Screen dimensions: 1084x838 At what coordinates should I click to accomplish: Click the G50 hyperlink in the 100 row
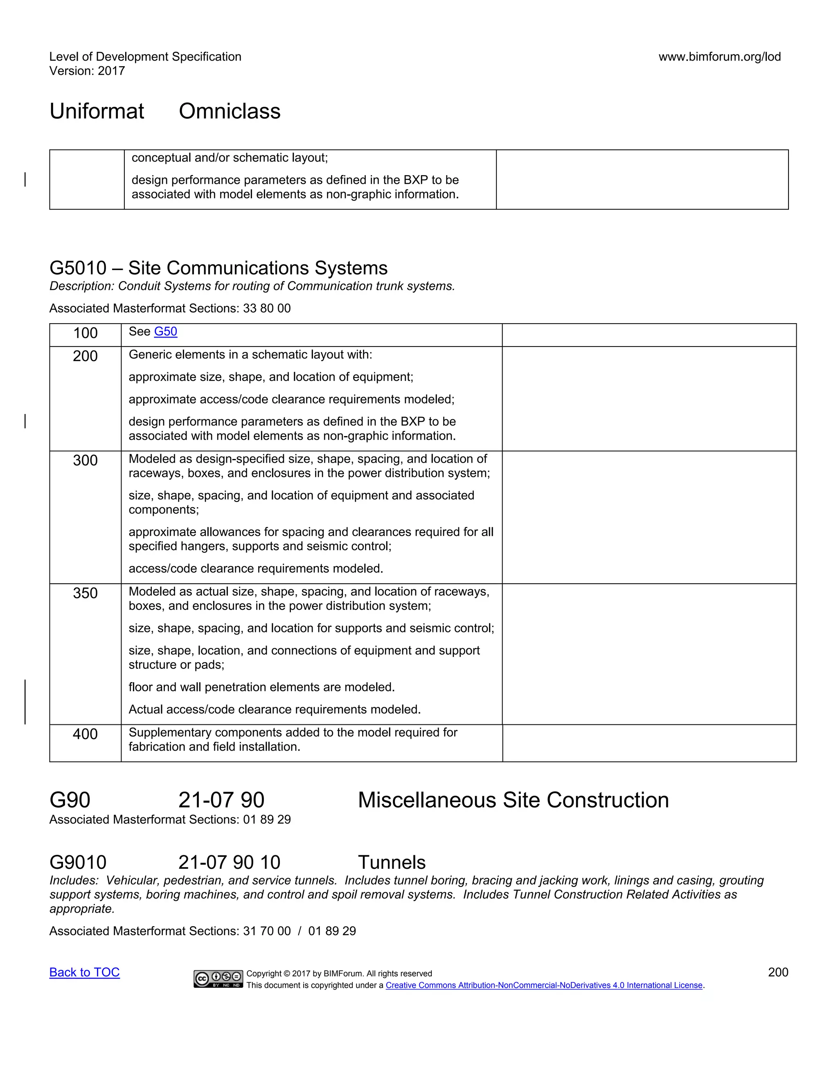click(165, 332)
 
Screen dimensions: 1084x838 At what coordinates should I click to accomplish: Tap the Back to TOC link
click(84, 972)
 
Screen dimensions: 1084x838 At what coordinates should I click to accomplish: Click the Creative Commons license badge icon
click(218, 979)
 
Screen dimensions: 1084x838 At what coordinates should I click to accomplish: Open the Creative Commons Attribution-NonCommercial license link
click(544, 985)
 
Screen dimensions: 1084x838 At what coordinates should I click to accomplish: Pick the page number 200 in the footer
click(777, 972)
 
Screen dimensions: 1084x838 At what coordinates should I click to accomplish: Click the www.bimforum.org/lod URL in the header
click(719, 56)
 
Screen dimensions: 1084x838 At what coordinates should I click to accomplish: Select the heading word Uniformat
click(97, 111)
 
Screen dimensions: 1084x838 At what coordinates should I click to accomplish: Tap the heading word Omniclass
click(230, 111)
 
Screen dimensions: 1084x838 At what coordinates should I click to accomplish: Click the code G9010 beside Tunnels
click(78, 862)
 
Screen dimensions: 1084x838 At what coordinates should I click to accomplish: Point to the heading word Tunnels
click(392, 862)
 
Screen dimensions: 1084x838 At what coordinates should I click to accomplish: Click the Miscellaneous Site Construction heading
click(513, 800)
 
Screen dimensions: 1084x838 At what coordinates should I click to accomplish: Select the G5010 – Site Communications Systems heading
click(219, 268)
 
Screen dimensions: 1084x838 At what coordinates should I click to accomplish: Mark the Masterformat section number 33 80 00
click(267, 308)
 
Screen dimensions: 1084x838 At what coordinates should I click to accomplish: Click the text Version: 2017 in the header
click(87, 71)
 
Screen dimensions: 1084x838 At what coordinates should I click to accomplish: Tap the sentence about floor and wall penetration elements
click(261, 687)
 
